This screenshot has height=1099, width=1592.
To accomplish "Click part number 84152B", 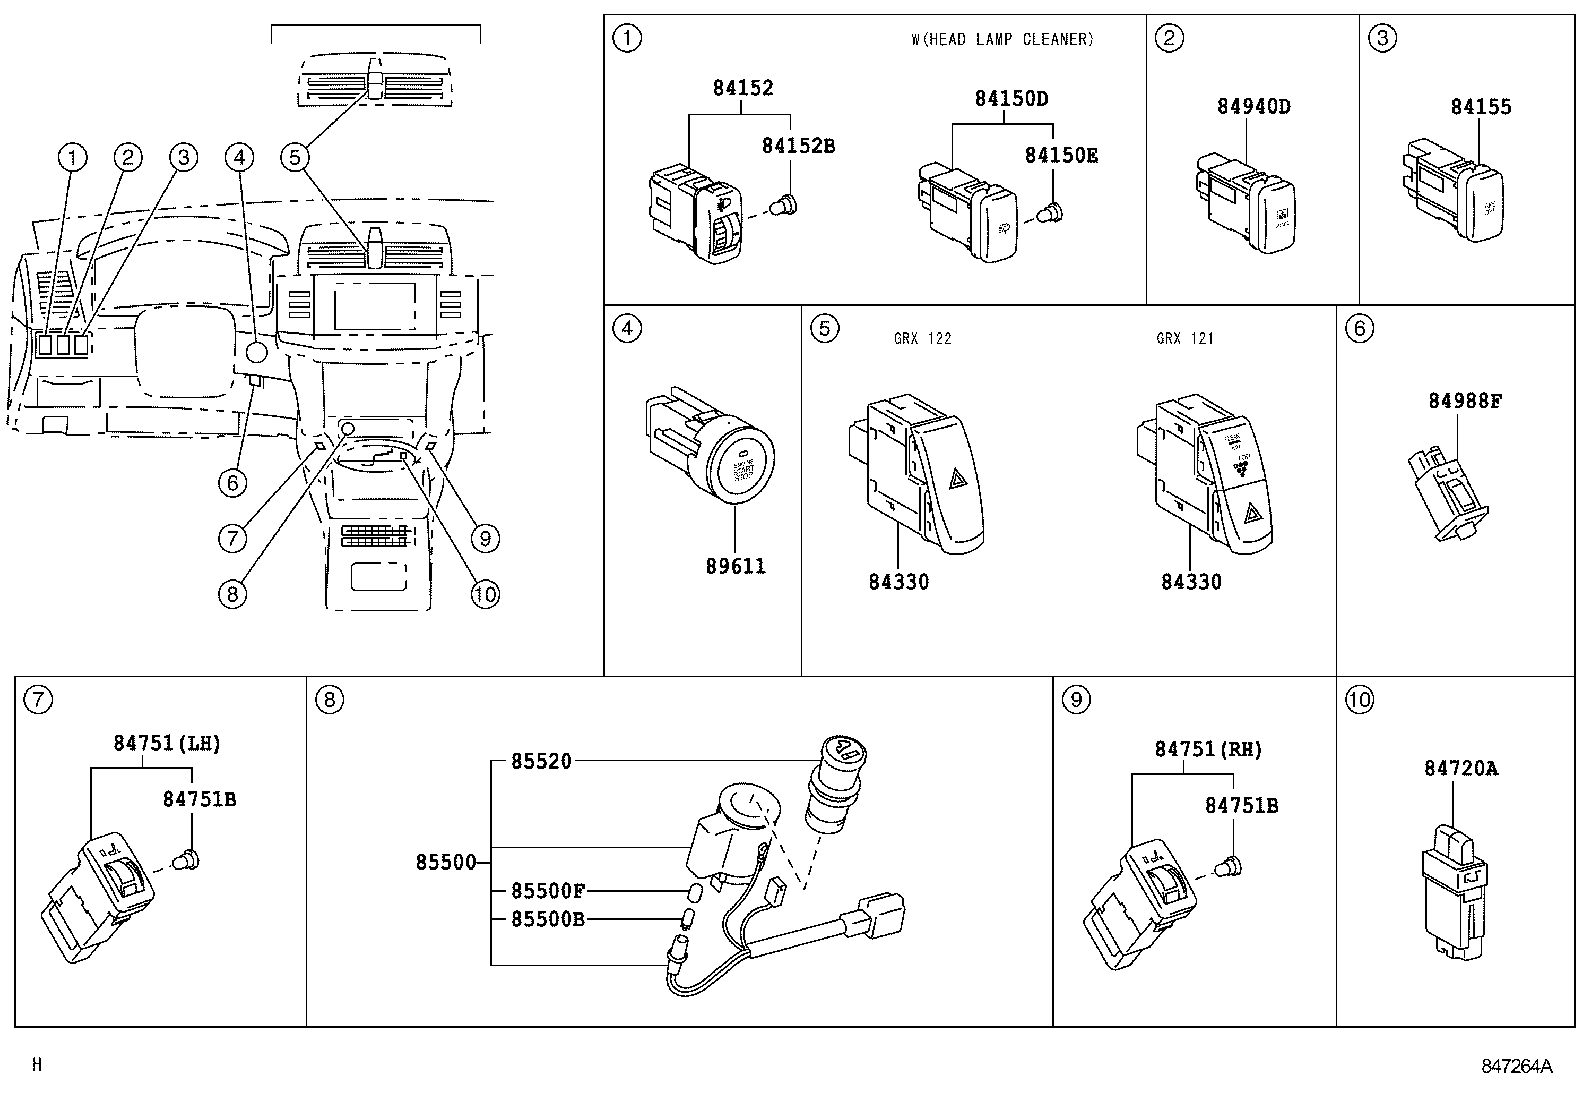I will pos(797,146).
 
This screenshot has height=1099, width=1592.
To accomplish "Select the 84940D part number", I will pos(1253,106).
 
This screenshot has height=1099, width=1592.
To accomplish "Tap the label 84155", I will pos(1480,107).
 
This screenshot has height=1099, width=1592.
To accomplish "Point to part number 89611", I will pos(735,566).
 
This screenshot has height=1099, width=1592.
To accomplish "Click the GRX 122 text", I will pos(922,339).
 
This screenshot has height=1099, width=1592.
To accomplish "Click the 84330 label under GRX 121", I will pos(1190,581).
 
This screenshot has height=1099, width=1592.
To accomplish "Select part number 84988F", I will pos(1464,401).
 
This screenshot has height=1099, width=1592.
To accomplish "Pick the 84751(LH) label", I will pos(166,743).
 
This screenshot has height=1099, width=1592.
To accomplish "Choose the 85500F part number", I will pos(547,890).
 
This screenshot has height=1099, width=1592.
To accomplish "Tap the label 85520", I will pos(541,761).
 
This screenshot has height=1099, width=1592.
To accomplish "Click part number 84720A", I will pos(1460,768).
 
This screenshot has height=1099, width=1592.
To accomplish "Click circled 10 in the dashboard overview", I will pos(484,594).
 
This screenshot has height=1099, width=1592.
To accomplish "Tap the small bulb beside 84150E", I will pos(1050,212).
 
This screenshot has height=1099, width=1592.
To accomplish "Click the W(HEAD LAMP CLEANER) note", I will pos(1002,40).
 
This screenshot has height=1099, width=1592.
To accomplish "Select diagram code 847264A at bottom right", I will pos(1516,1066).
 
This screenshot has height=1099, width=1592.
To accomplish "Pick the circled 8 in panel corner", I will pos(328,699).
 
